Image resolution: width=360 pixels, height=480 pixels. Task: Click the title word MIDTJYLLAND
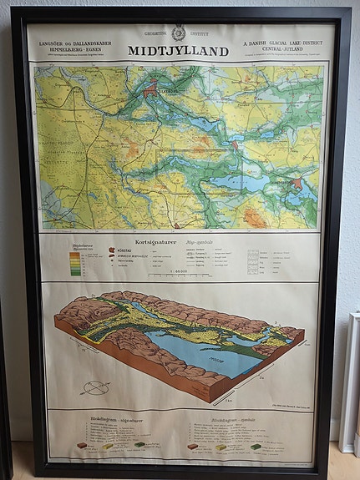[x=178, y=51]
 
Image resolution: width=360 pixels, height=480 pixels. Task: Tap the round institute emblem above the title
[x=178, y=33]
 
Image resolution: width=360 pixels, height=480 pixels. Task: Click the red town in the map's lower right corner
[x=297, y=183]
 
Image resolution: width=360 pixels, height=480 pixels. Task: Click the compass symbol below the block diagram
[x=94, y=387]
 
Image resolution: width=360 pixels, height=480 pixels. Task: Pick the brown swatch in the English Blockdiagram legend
[x=193, y=447]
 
